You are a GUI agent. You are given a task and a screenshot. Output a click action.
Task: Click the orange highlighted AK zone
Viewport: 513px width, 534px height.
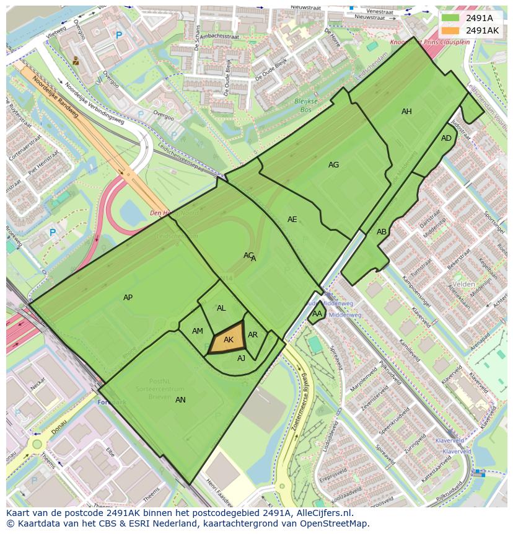[228, 339]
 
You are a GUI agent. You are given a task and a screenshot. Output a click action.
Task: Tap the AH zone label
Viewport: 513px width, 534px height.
[406, 112]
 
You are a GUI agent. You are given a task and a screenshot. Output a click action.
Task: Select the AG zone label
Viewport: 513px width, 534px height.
[333, 165]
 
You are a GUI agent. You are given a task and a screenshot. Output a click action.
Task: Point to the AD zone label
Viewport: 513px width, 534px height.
[446, 138]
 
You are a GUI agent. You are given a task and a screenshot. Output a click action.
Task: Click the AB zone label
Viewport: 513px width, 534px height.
[382, 232]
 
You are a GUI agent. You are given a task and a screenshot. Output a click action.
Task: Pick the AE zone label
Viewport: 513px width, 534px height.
[292, 220]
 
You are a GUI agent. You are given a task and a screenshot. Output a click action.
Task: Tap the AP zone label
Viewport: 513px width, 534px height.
[128, 298]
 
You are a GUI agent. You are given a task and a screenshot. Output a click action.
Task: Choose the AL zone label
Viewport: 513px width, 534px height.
[221, 308]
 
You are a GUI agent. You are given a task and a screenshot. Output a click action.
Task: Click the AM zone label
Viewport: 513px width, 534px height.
[197, 331]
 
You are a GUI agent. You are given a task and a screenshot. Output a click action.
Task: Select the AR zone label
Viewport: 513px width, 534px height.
[253, 335]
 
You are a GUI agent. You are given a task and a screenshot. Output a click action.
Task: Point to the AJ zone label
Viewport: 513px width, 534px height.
[241, 358]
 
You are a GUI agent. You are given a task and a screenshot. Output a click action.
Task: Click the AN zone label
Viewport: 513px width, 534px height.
[180, 400]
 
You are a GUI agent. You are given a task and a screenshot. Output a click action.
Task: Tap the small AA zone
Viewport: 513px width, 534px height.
[317, 314]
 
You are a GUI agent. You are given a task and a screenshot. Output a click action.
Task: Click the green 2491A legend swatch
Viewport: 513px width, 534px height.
[450, 18]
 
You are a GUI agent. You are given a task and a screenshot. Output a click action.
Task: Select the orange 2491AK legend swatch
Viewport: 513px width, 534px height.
[450, 30]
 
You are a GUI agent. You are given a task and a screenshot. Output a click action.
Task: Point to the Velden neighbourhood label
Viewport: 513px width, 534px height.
[463, 284]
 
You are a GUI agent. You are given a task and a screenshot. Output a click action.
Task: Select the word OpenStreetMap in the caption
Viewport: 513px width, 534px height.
[335, 523]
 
